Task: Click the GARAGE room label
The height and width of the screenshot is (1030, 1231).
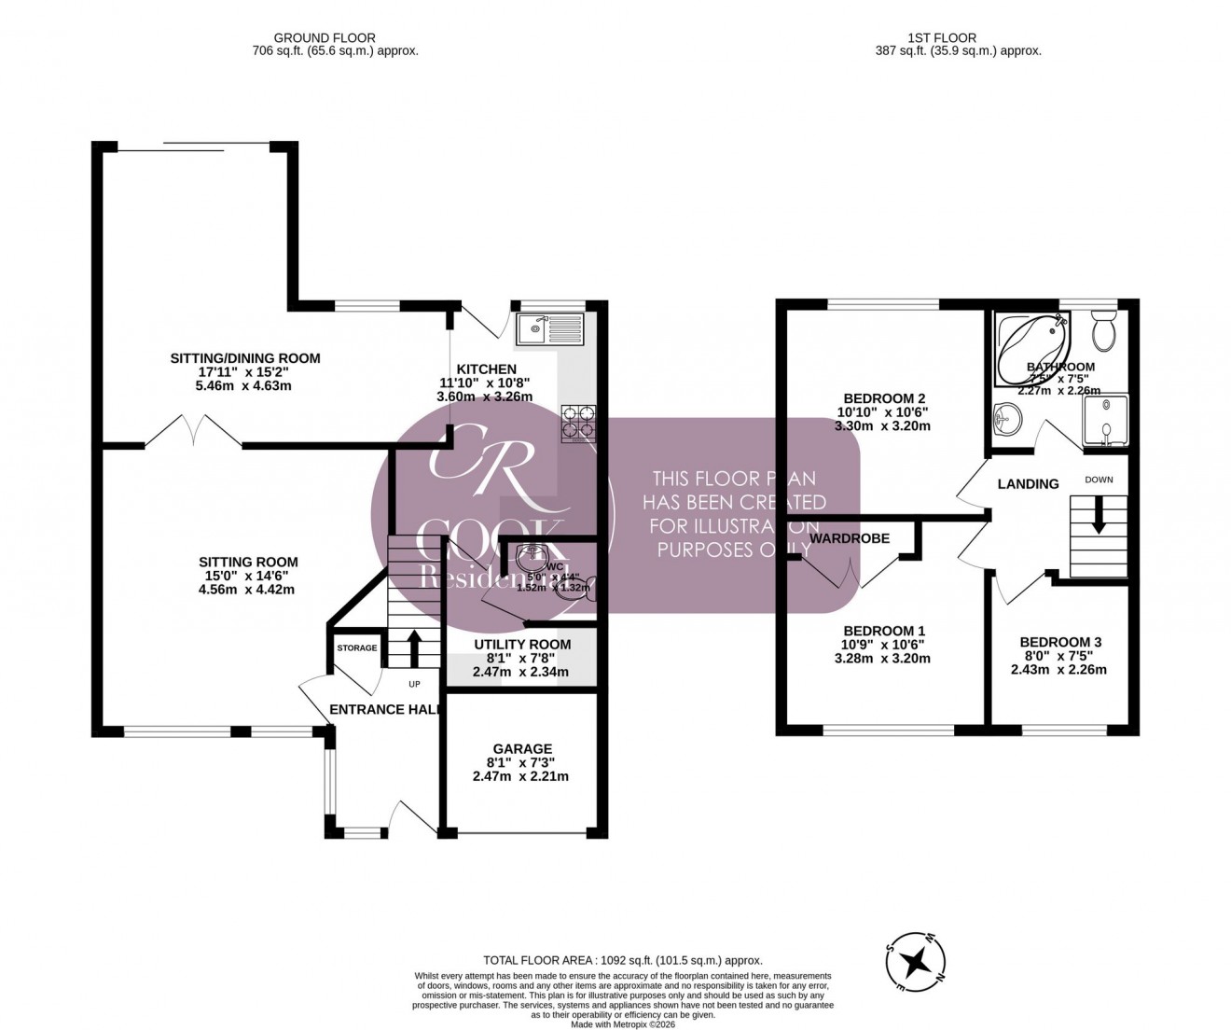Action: coord(522,748)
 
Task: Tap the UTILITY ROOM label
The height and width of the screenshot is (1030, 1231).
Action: coord(522,645)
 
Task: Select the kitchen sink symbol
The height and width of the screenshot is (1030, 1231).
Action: coord(551,327)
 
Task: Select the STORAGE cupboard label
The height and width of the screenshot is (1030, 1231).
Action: coord(357,647)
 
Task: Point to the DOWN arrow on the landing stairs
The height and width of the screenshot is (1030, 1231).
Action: coord(1099,514)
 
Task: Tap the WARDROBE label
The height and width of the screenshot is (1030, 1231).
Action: coord(850,538)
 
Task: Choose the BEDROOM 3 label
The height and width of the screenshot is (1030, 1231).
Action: coord(1060,642)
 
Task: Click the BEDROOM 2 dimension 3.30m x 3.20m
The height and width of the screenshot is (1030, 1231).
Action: coord(882,425)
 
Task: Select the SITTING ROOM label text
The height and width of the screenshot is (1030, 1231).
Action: coord(248,562)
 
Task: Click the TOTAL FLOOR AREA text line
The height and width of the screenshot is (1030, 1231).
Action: coord(622,960)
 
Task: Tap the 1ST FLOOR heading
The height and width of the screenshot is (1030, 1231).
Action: coord(941,38)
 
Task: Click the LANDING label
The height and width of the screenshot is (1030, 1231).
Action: coord(1028,484)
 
